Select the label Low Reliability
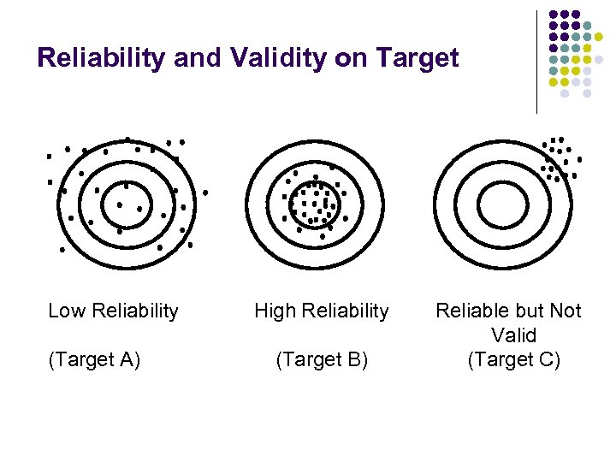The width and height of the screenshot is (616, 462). coord(113,311)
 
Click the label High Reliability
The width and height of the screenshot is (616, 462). coord(321,311)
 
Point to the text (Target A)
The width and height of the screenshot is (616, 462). coord(95,360)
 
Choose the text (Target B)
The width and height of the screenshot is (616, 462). coord(322,360)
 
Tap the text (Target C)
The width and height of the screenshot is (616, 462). coord(513,360)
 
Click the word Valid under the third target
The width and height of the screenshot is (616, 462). coord(513,335)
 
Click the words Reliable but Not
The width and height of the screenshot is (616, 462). coord(508,311)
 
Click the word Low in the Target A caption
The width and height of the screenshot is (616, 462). coord(65,311)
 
